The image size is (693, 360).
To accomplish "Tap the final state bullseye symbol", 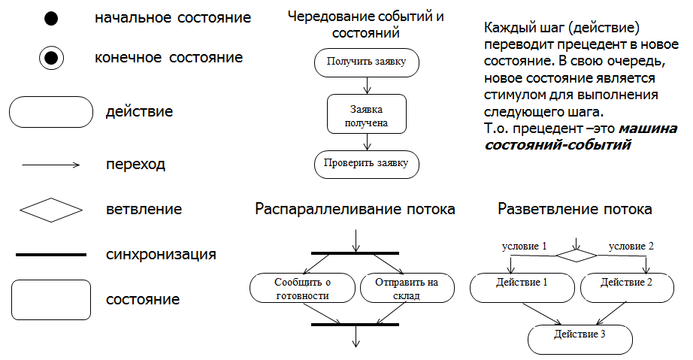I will [x=51, y=57].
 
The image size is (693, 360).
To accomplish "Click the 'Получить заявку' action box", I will [x=366, y=62].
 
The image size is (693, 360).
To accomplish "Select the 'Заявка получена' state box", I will [x=366, y=113].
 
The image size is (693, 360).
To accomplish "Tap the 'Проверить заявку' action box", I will [x=366, y=163].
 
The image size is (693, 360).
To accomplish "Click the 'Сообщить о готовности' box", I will [x=302, y=288].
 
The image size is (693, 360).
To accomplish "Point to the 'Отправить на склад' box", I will [x=409, y=288].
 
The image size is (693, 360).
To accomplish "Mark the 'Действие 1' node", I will [x=522, y=283].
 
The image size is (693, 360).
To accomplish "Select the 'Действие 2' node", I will [x=627, y=283].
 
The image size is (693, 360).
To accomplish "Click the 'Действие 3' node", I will [x=580, y=334].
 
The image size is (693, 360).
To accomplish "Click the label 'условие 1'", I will [x=524, y=246].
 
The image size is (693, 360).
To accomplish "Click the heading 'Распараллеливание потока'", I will [x=355, y=209].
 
